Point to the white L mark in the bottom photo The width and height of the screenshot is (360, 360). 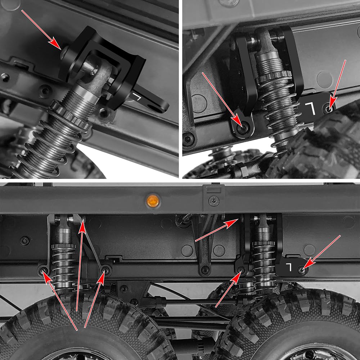click(x=290, y=266)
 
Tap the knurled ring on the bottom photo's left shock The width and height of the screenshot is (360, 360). click(x=63, y=247)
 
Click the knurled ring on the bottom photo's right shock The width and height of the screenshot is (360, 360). click(x=264, y=243)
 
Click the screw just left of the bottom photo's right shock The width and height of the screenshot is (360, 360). click(x=241, y=270)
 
